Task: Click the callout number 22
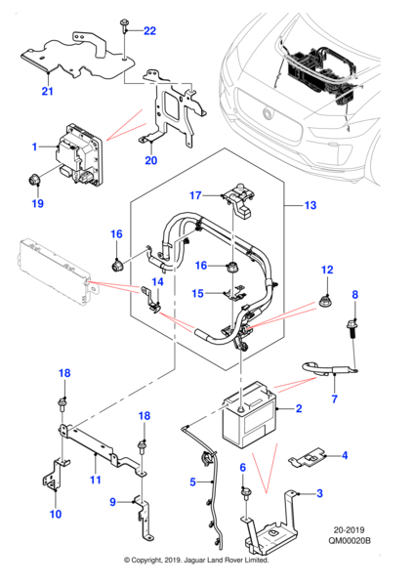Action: tap(149, 30)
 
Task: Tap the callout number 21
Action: tap(48, 91)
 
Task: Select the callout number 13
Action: tap(310, 205)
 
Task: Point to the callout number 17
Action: tap(195, 195)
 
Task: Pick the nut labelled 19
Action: tap(35, 181)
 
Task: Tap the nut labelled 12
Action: tap(325, 300)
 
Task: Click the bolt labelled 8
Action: tap(352, 328)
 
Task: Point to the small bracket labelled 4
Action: tap(307, 458)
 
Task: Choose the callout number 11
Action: tap(96, 480)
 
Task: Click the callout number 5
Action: tap(192, 482)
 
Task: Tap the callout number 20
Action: tap(151, 160)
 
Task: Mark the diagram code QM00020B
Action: tap(350, 540)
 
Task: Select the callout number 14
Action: tap(157, 281)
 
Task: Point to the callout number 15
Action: tap(197, 293)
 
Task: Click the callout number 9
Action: tap(112, 502)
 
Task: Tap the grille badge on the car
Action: tap(268, 113)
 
